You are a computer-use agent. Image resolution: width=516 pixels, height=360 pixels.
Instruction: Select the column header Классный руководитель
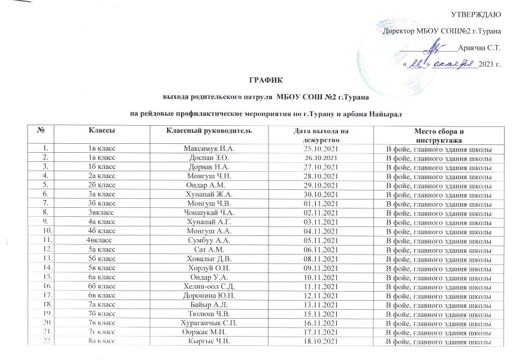[204, 131]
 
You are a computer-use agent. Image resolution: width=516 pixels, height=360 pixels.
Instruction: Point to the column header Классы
[103, 131]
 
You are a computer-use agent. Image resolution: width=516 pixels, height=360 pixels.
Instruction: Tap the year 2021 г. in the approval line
[489, 63]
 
